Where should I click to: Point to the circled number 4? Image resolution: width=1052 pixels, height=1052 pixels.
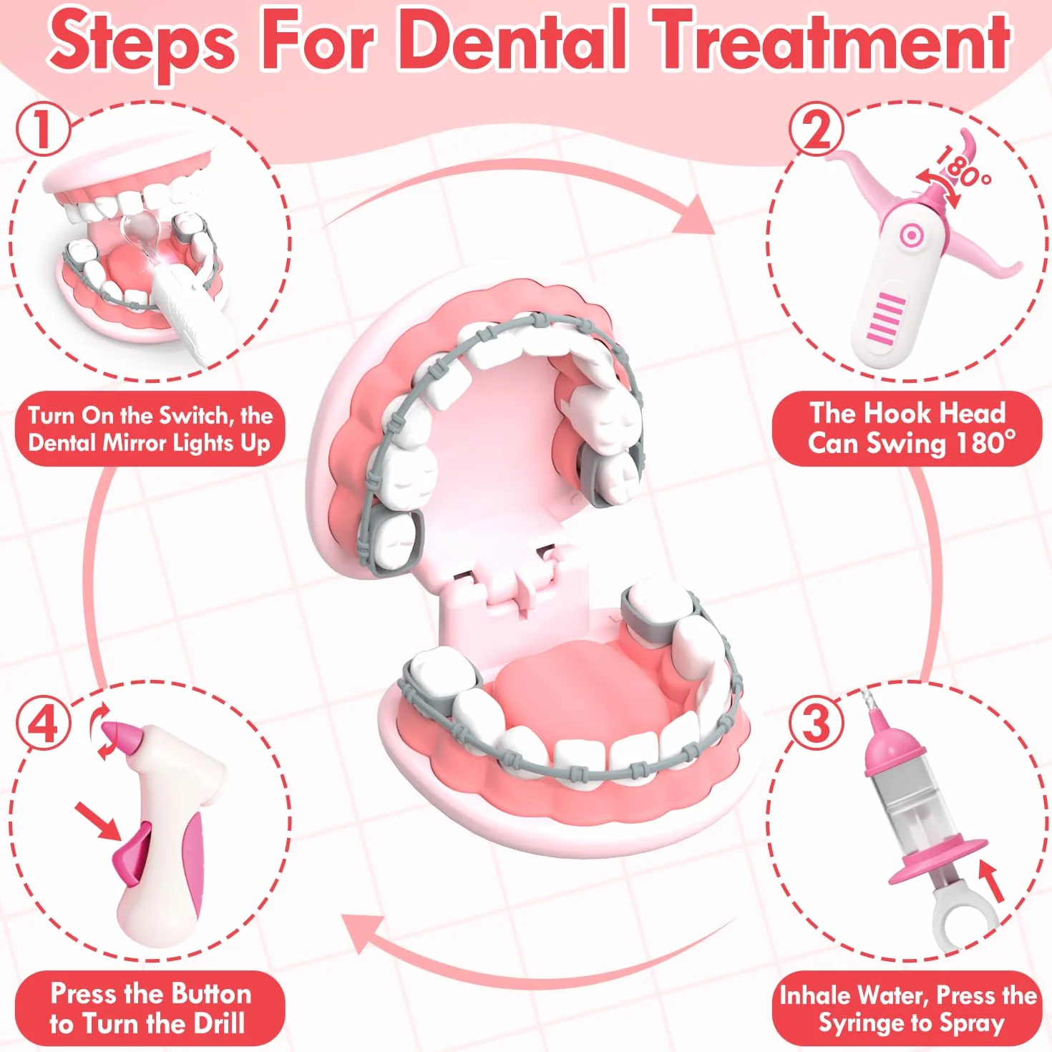point(43,724)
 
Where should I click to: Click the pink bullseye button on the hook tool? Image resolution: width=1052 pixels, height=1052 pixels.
point(910,236)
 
